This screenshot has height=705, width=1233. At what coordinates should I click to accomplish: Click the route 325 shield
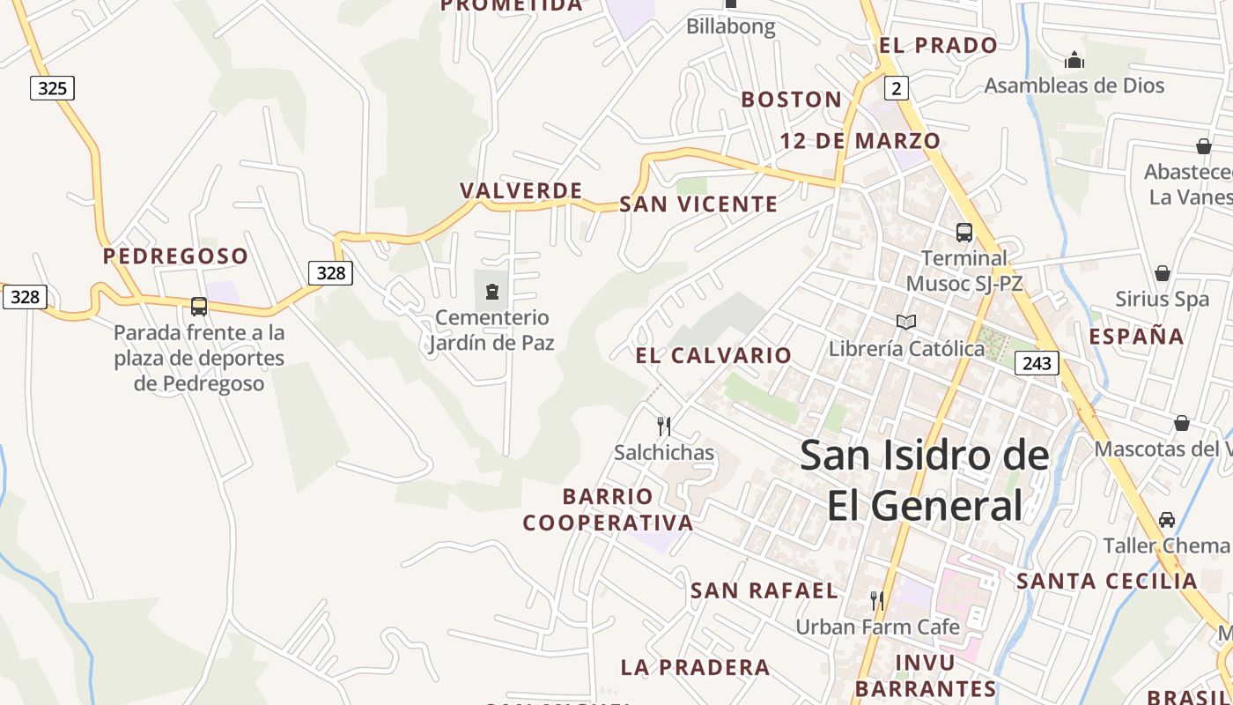[52, 88]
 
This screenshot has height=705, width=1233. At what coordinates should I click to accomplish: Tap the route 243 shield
[1036, 362]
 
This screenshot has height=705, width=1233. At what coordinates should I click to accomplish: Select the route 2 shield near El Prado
[897, 87]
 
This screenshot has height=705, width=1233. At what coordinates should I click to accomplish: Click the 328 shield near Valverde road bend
[330, 272]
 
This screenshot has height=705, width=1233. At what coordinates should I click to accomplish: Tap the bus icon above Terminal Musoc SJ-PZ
[964, 233]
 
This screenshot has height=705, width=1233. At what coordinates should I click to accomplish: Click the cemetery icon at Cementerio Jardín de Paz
[492, 291]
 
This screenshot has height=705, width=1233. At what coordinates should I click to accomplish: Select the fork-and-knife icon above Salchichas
[664, 427]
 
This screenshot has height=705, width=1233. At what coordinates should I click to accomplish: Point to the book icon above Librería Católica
[906, 322]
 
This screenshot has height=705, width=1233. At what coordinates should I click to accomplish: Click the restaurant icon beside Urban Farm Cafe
[876, 601]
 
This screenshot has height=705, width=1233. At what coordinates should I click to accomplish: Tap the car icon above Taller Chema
[1167, 520]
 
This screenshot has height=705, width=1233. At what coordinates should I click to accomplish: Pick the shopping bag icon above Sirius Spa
[1163, 273]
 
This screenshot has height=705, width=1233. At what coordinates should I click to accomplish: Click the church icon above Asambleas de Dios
[1074, 61]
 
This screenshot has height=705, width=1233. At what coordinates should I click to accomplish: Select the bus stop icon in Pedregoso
[199, 307]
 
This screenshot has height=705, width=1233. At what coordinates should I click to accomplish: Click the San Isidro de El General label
[925, 480]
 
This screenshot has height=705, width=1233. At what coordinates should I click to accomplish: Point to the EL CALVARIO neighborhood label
[713, 355]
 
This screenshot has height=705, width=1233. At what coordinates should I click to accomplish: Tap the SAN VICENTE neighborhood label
[698, 204]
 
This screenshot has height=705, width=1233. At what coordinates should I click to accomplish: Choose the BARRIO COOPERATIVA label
[608, 509]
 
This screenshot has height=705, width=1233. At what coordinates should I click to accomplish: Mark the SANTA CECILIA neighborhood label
[1107, 581]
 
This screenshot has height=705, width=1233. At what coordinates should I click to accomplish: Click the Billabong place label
[731, 26]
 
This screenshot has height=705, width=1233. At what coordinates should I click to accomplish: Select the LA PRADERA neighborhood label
[695, 667]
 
